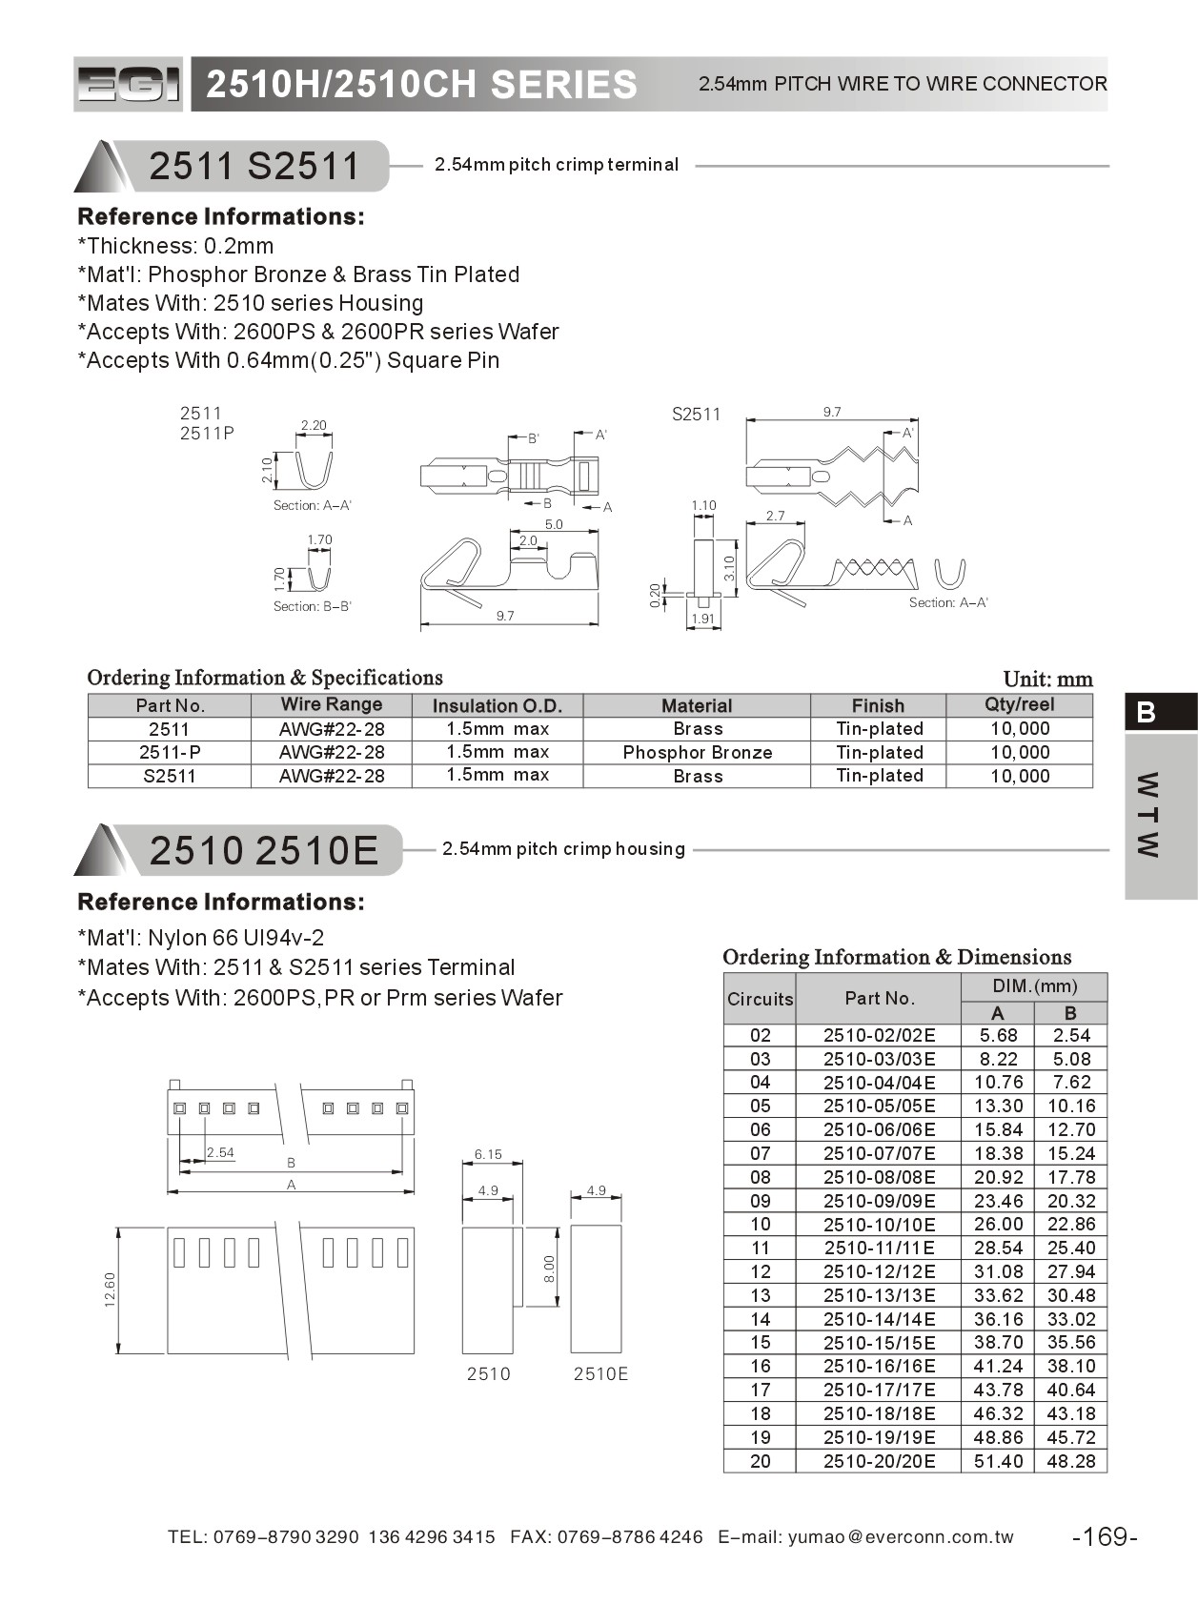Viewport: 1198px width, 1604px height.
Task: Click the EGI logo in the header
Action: [x=128, y=85]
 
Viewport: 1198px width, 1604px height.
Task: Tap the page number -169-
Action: [x=1105, y=1536]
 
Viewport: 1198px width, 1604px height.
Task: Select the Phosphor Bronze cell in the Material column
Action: [x=697, y=752]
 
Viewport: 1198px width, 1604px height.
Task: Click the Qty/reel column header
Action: [x=1019, y=704]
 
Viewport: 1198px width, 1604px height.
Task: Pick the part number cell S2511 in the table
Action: [x=169, y=776]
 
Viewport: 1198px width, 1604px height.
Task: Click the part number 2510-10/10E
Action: [x=879, y=1224]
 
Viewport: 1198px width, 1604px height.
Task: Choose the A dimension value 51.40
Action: [x=998, y=1461]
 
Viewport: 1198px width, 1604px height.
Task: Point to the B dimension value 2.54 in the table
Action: [x=1070, y=1035]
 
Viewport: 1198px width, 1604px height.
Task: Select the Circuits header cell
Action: [x=760, y=999]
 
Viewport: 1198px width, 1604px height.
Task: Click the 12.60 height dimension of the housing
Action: [x=110, y=1289]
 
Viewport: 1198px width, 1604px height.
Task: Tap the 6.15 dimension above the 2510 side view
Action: [x=488, y=1154]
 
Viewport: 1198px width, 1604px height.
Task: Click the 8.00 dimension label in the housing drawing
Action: [x=549, y=1269]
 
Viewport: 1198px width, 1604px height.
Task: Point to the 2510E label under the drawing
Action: [x=600, y=1373]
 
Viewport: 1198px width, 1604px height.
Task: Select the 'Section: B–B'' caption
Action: [x=312, y=606]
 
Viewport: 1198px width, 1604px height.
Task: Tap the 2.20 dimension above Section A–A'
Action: [x=314, y=425]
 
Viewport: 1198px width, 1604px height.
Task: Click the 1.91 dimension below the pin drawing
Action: [x=702, y=619]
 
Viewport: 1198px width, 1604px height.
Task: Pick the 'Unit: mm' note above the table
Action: [x=1047, y=680]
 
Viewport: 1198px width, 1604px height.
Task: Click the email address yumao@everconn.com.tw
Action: [x=901, y=1536]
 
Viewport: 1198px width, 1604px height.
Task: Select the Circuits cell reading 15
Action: [x=760, y=1342]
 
